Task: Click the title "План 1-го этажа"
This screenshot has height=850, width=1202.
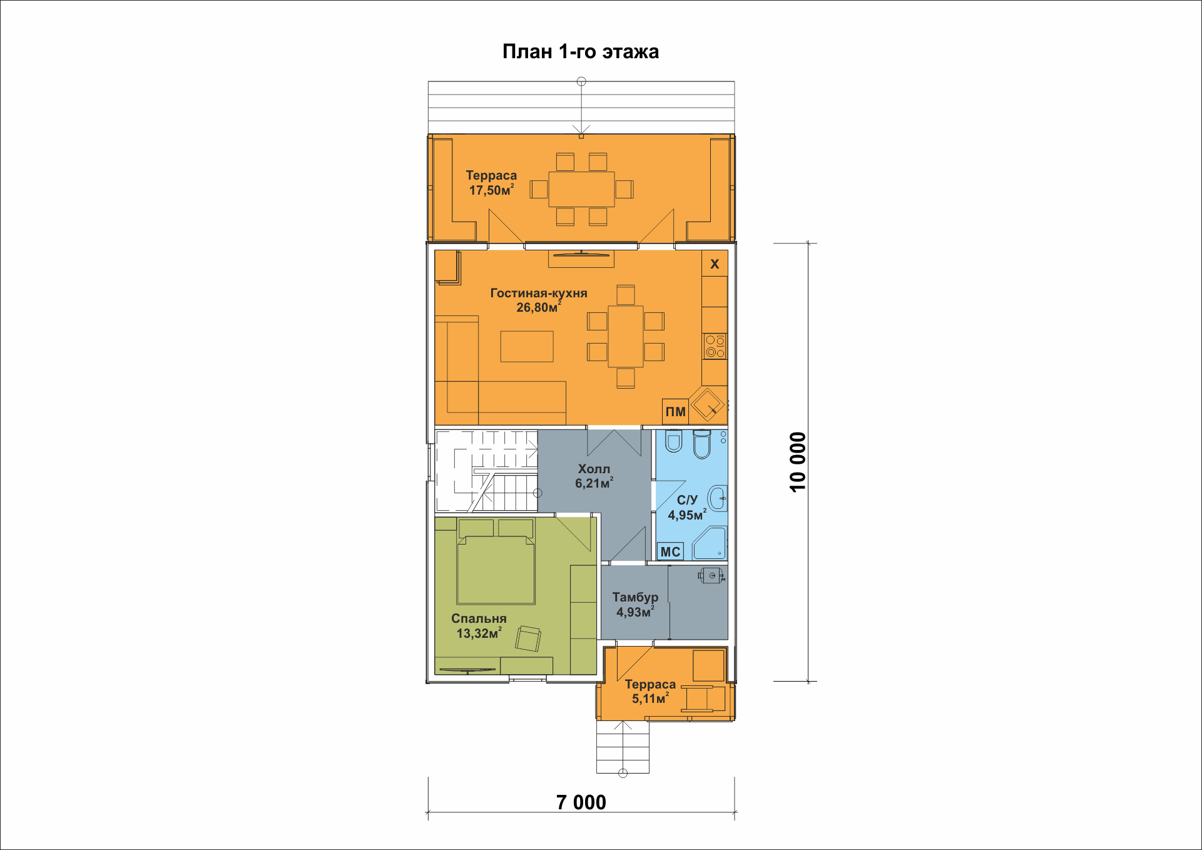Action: pyautogui.click(x=581, y=51)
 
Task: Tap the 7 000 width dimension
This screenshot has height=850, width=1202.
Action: pyautogui.click(x=581, y=802)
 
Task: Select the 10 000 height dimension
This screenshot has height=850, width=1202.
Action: pyautogui.click(x=798, y=462)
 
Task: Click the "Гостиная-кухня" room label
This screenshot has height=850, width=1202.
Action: pyautogui.click(x=539, y=293)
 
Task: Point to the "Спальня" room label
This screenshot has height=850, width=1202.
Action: pyautogui.click(x=479, y=618)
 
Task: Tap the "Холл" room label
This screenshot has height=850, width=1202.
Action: pyautogui.click(x=594, y=469)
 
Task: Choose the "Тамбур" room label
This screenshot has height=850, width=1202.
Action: pyautogui.click(x=635, y=597)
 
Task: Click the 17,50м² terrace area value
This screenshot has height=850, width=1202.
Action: pyautogui.click(x=492, y=190)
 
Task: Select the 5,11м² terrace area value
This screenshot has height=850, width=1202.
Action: pyautogui.click(x=650, y=699)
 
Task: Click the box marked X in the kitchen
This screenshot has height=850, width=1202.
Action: pyautogui.click(x=715, y=264)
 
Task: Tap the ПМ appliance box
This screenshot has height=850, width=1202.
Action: pyautogui.click(x=676, y=412)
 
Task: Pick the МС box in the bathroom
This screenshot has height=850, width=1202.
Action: pyautogui.click(x=670, y=551)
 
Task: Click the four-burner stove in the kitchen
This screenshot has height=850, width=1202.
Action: pyautogui.click(x=715, y=346)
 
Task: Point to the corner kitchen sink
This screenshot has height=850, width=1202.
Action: pyautogui.click(x=708, y=404)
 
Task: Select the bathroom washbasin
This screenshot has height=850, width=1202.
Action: pyautogui.click(x=717, y=499)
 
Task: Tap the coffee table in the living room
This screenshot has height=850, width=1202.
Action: pyautogui.click(x=527, y=347)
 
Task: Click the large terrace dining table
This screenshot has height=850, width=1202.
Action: pyautogui.click(x=582, y=189)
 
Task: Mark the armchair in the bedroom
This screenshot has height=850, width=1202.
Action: pyautogui.click(x=528, y=639)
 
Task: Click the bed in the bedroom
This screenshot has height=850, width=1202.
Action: pyautogui.click(x=496, y=561)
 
